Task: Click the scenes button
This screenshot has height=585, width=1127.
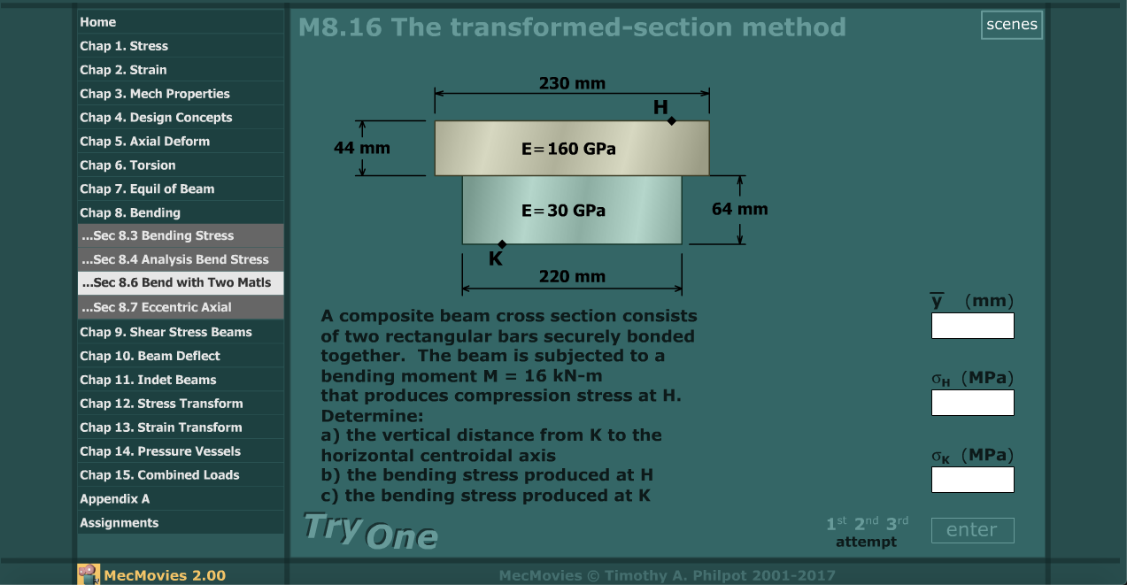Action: [x=1011, y=25]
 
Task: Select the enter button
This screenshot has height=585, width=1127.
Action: [x=972, y=530]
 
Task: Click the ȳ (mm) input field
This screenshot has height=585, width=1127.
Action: [x=972, y=326]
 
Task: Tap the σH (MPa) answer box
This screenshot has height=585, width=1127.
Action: [x=972, y=403]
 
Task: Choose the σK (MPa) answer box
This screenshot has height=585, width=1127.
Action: [x=972, y=480]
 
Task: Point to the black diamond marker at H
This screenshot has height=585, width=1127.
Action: [x=672, y=120]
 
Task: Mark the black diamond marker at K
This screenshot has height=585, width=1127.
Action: [x=502, y=244]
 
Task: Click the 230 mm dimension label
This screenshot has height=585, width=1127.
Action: [x=572, y=84]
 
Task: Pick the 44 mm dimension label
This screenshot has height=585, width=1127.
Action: [x=361, y=148]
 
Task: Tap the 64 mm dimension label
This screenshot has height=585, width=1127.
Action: [x=739, y=210]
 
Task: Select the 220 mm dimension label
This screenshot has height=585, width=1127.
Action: [x=572, y=277]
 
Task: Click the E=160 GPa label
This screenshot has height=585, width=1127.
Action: [x=568, y=149]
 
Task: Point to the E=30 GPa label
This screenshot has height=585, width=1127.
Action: [x=564, y=211]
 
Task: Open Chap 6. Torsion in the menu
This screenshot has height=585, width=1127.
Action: [x=127, y=165]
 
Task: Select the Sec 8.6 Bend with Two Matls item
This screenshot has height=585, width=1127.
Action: [x=175, y=283]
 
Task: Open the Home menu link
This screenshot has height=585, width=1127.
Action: [x=97, y=22]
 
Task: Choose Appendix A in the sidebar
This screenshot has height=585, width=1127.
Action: [x=114, y=499]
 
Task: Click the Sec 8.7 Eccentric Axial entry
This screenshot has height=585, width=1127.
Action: [x=156, y=307]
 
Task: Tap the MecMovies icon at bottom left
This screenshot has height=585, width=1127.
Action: [x=88, y=574]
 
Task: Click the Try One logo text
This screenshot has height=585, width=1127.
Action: [x=370, y=531]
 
